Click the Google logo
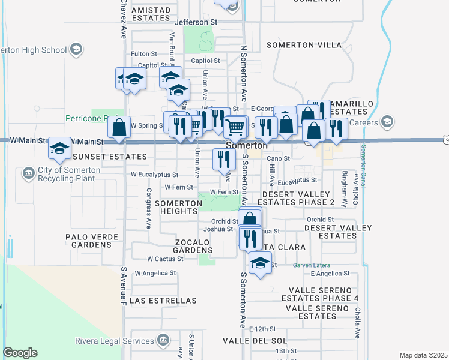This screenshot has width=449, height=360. [20, 353]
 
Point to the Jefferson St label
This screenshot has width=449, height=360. [195, 22]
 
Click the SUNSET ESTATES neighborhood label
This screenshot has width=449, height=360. [109, 157]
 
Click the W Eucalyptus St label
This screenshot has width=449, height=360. [154, 175]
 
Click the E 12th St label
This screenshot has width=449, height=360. [264, 329]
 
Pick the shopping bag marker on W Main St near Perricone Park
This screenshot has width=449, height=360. [119, 127]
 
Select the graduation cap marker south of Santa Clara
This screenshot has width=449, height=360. [260, 264]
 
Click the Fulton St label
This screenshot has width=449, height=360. [143, 54]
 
